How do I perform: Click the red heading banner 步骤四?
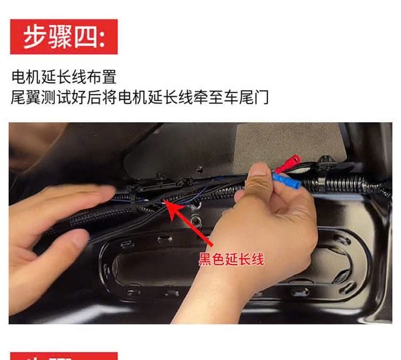pos(64,37)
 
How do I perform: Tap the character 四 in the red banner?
pos(86,37)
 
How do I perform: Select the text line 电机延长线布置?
pos(64,77)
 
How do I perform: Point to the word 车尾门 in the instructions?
pos(246,97)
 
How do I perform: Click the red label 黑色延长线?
pos(231,259)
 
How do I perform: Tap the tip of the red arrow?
pos(164,200)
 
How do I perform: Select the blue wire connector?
pos(287,181)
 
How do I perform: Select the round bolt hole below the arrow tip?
pos(196,221)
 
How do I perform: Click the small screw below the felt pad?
pos(200,168)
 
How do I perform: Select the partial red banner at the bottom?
pos(64,356)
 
